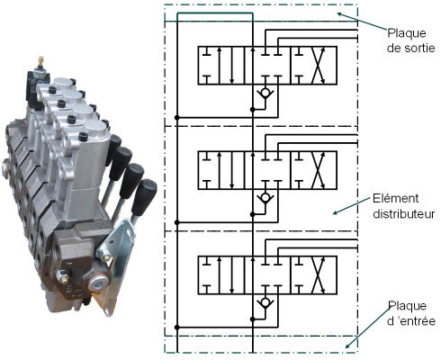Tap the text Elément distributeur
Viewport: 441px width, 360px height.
tap(404, 206)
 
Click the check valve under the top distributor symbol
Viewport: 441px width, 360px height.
tap(265, 93)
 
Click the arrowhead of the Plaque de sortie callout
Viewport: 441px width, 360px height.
tap(335, 13)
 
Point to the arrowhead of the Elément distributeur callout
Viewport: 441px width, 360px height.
tap(334, 213)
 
